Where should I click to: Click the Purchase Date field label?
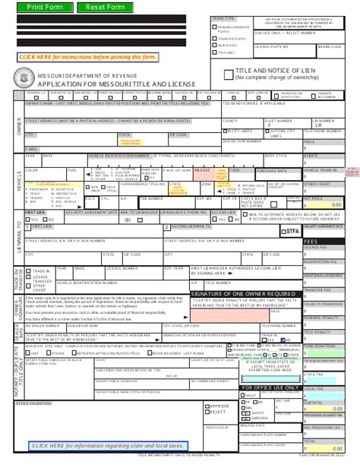pos(248,171)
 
